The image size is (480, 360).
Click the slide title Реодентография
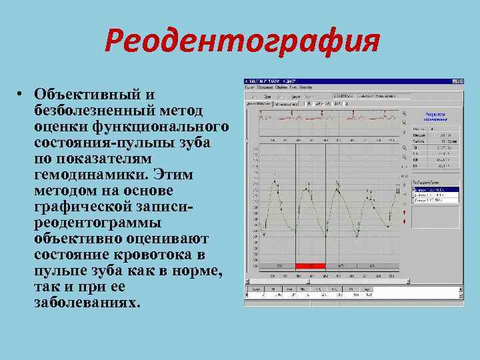tap(241, 42)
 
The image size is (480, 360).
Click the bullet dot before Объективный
tap(21, 94)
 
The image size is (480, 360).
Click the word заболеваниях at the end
tap(87, 303)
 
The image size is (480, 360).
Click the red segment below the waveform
tap(309, 266)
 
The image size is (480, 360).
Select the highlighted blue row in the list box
tap(435, 190)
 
